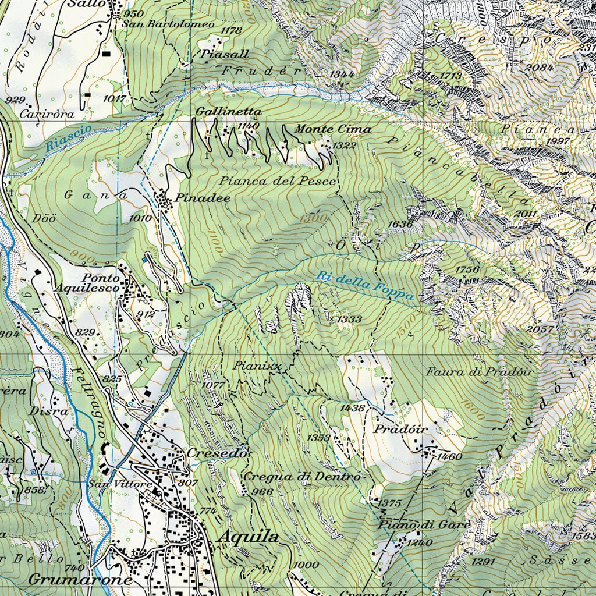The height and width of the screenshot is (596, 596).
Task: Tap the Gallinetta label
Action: pos(228,111)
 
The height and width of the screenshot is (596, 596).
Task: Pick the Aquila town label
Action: pos(248,537)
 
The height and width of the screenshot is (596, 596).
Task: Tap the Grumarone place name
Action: pos(80,580)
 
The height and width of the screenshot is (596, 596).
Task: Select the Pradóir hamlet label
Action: pos(401,429)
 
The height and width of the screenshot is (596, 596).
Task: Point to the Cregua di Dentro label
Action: pos(302,477)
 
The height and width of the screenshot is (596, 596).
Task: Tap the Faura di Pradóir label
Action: pos(479,371)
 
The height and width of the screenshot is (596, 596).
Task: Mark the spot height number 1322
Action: pos(345,145)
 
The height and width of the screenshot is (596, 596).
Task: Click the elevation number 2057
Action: pos(540,329)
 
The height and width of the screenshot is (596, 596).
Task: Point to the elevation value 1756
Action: pos(467,269)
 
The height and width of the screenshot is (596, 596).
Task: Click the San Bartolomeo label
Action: pos(168,25)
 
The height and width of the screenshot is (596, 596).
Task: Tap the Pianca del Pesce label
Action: pos(278,181)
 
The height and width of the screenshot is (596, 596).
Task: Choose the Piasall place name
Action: pos(226,54)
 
